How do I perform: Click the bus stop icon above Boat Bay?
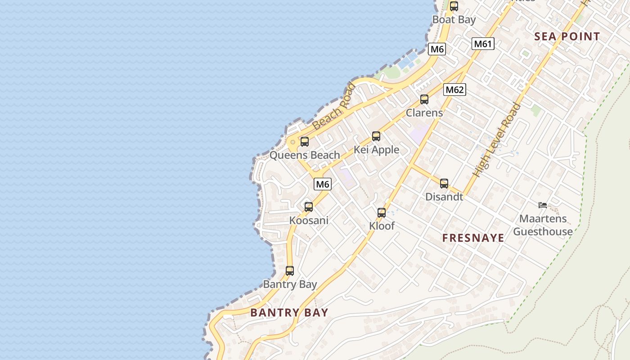click(x=454, y=6)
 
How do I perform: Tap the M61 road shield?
click(x=483, y=44)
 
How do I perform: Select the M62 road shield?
click(x=454, y=90)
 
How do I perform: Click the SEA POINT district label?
click(x=567, y=37)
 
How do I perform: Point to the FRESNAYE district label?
click(x=473, y=238)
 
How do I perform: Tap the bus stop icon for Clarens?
click(x=424, y=99)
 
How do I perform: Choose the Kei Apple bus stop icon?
click(x=376, y=136)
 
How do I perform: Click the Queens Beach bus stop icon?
click(x=304, y=142)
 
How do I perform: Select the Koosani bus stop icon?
click(x=308, y=207)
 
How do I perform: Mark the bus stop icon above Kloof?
click(x=381, y=213)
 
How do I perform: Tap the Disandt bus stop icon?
click(x=444, y=184)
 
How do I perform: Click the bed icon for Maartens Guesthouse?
click(x=543, y=205)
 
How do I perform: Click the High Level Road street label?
click(x=496, y=140)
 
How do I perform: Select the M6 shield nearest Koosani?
click(x=322, y=184)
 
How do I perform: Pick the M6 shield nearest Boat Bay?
click(x=436, y=49)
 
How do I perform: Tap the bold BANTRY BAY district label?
click(x=289, y=312)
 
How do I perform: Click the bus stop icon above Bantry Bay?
click(x=289, y=271)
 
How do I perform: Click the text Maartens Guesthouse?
click(x=543, y=225)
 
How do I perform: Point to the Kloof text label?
click(x=382, y=226)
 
